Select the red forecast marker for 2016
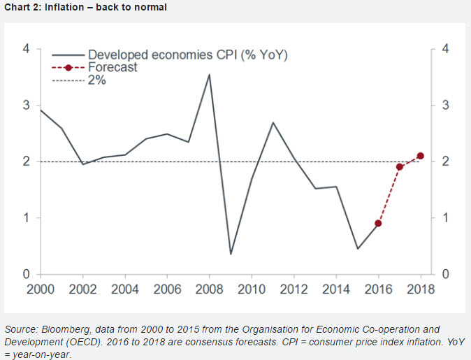(378, 223)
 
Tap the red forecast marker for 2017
(399, 167)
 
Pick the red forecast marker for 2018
(420, 156)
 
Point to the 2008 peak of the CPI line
(209, 74)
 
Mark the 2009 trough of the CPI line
(231, 254)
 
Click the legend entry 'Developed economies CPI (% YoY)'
(187, 55)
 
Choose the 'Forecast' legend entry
(113, 68)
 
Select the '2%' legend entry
(96, 80)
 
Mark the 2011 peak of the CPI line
(273, 122)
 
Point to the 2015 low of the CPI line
(357, 249)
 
